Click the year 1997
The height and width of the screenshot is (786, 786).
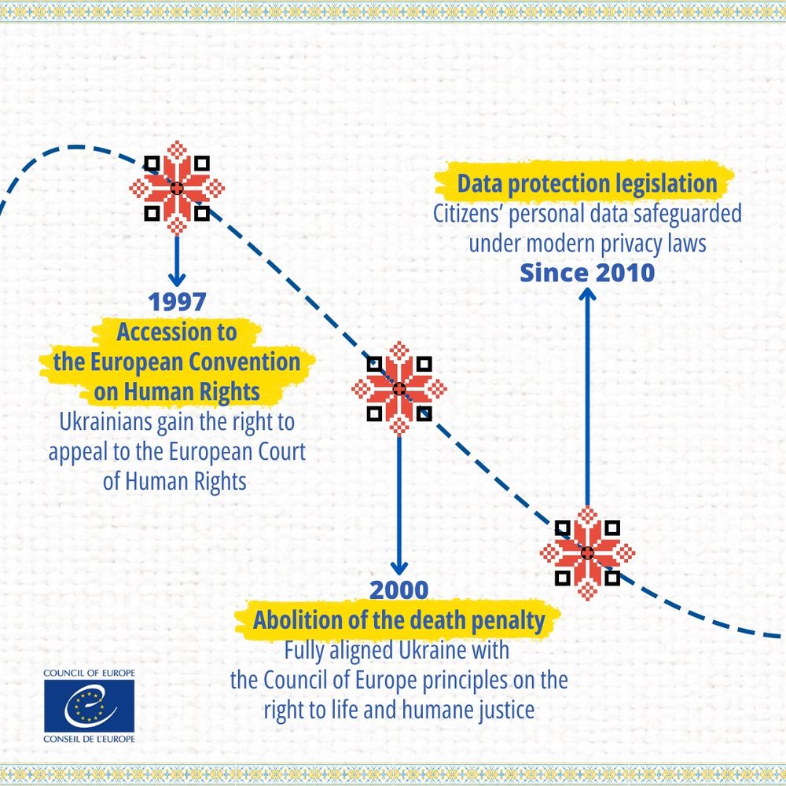pos(177,302)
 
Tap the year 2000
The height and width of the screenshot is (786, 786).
pos(399,589)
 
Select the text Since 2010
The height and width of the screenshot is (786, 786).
pos(587,274)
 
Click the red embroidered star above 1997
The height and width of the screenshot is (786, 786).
pos(177,188)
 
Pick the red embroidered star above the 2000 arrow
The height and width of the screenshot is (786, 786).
pos(399,388)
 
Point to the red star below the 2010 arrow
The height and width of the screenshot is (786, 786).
pos(587,553)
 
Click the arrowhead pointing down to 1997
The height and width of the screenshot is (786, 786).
pos(177,279)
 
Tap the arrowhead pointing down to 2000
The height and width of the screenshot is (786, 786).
pos(399,568)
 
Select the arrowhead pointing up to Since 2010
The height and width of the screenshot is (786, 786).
pos(587,294)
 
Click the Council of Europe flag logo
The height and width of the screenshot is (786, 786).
pos(90,706)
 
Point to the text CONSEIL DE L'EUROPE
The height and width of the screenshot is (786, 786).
pos(90,739)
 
